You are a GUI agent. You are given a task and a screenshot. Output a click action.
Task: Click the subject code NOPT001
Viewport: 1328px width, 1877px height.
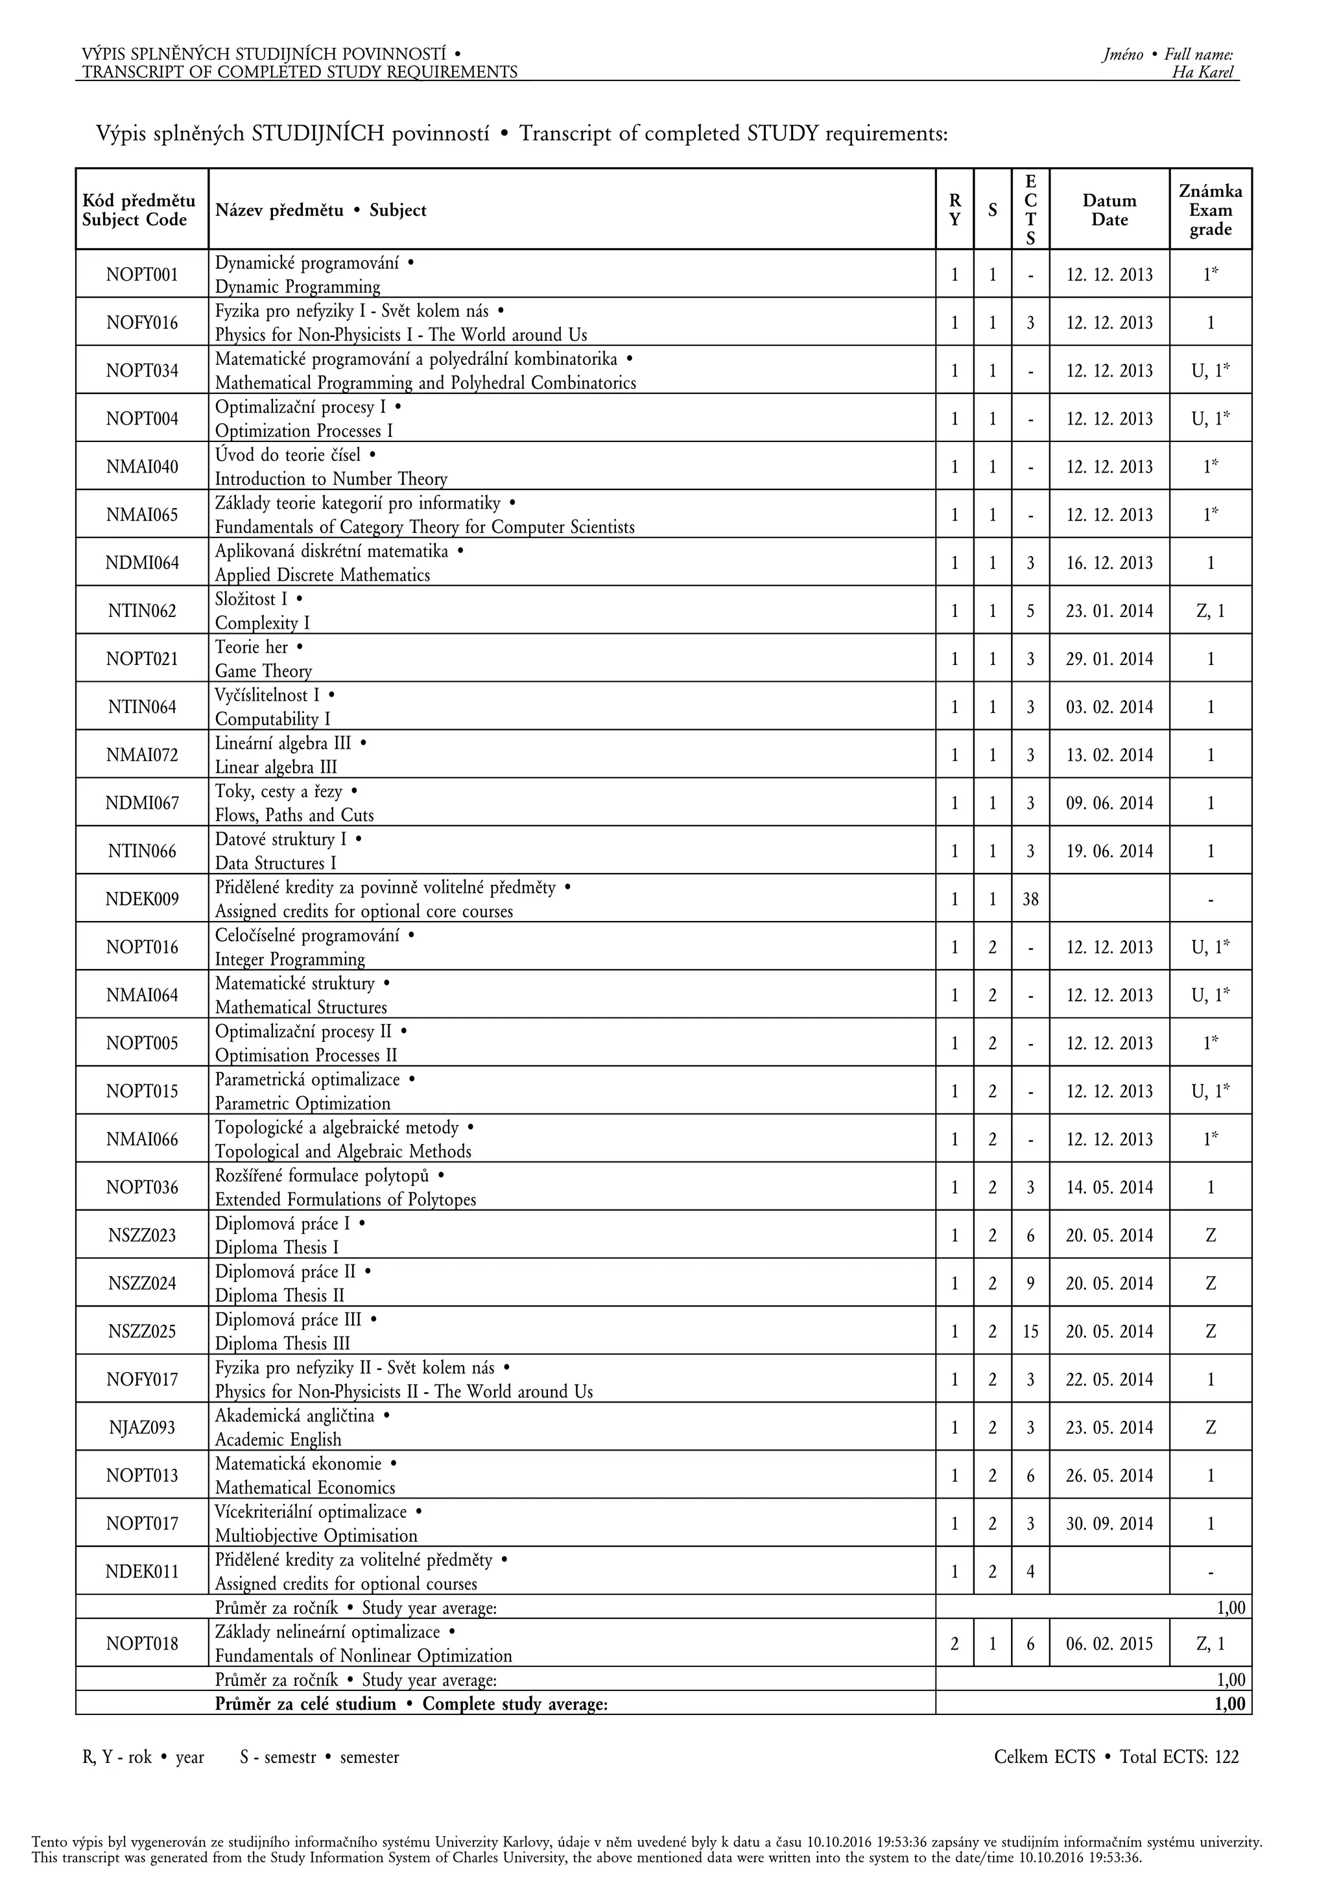(141, 275)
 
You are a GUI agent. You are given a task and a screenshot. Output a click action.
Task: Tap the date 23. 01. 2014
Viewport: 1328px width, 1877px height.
(1109, 611)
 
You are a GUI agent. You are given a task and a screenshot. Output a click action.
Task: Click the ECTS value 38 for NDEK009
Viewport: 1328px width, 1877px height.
(1030, 899)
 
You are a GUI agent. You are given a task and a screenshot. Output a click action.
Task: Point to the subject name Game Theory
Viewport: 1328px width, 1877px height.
(263, 671)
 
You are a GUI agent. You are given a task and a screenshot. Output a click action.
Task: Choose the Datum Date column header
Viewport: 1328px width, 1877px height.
(1109, 210)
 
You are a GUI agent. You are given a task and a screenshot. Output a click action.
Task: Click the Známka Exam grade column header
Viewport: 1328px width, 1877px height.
(1210, 210)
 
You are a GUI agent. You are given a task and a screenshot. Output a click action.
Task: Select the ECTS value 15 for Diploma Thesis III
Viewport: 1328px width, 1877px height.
(1030, 1332)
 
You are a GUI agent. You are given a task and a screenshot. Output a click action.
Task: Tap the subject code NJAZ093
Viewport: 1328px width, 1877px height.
(141, 1428)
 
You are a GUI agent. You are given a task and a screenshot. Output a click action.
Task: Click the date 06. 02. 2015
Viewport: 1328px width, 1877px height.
(1109, 1644)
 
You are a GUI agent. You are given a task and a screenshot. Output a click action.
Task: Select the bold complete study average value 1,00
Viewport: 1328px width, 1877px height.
(1229, 1704)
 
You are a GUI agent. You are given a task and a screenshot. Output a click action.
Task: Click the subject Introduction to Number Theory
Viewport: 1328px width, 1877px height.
(331, 479)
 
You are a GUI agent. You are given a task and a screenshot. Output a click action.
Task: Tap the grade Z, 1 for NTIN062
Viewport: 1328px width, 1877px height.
(1210, 611)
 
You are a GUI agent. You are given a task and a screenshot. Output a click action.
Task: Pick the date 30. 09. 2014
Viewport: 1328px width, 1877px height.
(1109, 1524)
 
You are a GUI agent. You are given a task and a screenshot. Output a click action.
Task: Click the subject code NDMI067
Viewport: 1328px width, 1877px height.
(141, 804)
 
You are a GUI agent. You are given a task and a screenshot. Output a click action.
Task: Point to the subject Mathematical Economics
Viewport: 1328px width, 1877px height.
(305, 1488)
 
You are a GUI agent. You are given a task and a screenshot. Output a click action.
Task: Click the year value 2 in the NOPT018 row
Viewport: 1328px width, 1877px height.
(954, 1644)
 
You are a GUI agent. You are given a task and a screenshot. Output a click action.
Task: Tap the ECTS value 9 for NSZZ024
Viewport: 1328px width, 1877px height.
(1030, 1283)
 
